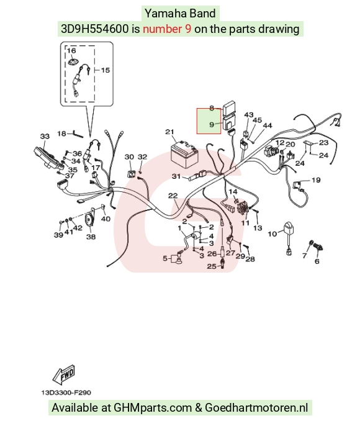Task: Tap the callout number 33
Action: pyautogui.click(x=45, y=136)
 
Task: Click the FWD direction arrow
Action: pyautogui.click(x=63, y=374)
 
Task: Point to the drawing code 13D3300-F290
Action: pyautogui.click(x=66, y=392)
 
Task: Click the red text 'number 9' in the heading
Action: pyautogui.click(x=167, y=29)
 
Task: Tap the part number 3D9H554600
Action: pyautogui.click(x=95, y=29)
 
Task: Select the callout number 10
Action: pyautogui.click(x=272, y=234)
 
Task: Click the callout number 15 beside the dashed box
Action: pyautogui.click(x=106, y=70)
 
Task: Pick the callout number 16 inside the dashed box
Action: pyautogui.click(x=71, y=50)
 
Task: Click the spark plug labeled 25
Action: pyautogui.click(x=222, y=263)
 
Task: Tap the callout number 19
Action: pyautogui.click(x=316, y=180)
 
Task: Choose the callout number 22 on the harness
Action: pyautogui.click(x=173, y=196)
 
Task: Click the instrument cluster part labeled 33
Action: pyautogui.click(x=49, y=158)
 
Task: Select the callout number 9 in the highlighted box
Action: pyautogui.click(x=212, y=125)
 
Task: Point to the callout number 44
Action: pyautogui.click(x=268, y=125)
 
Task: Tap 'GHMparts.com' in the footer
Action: pyautogui.click(x=153, y=407)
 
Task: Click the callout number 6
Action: pyautogui.click(x=317, y=261)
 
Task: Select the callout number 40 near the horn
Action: pyautogui.click(x=106, y=219)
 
